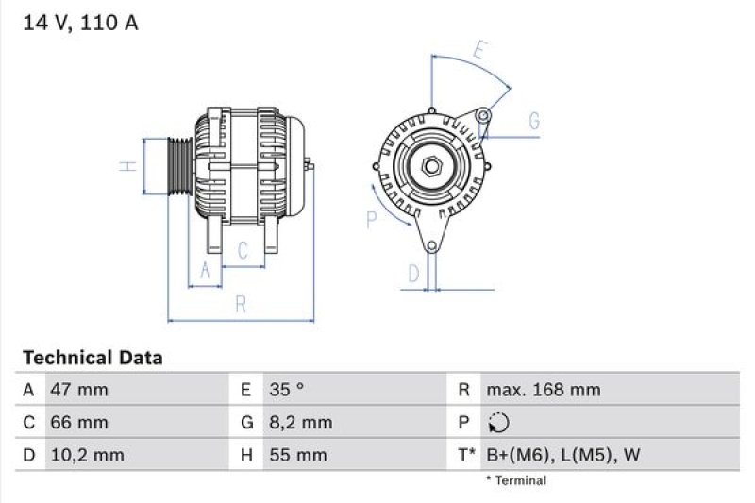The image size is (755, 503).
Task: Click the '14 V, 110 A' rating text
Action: [x=80, y=24]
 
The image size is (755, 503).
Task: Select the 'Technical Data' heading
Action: [x=92, y=358]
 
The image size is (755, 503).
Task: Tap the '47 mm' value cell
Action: [x=79, y=390]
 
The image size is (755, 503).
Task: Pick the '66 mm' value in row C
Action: [x=79, y=422]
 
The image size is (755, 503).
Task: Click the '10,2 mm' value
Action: [x=88, y=455]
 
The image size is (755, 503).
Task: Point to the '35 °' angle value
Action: [x=286, y=390]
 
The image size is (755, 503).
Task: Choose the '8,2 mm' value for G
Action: [x=301, y=422]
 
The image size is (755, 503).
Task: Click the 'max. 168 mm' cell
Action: [x=543, y=390]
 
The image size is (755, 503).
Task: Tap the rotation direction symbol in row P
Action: [x=499, y=423]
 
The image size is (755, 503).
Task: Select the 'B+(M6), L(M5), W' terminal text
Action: [x=562, y=455]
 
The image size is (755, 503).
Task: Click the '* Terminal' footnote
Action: [x=515, y=480]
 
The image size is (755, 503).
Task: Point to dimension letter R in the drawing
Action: [x=241, y=304]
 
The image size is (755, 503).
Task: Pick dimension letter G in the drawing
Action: [x=533, y=121]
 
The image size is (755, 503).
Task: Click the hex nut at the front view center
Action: [x=431, y=166]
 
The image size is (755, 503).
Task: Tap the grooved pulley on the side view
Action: [x=179, y=166]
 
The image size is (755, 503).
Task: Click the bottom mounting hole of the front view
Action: [x=431, y=247]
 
